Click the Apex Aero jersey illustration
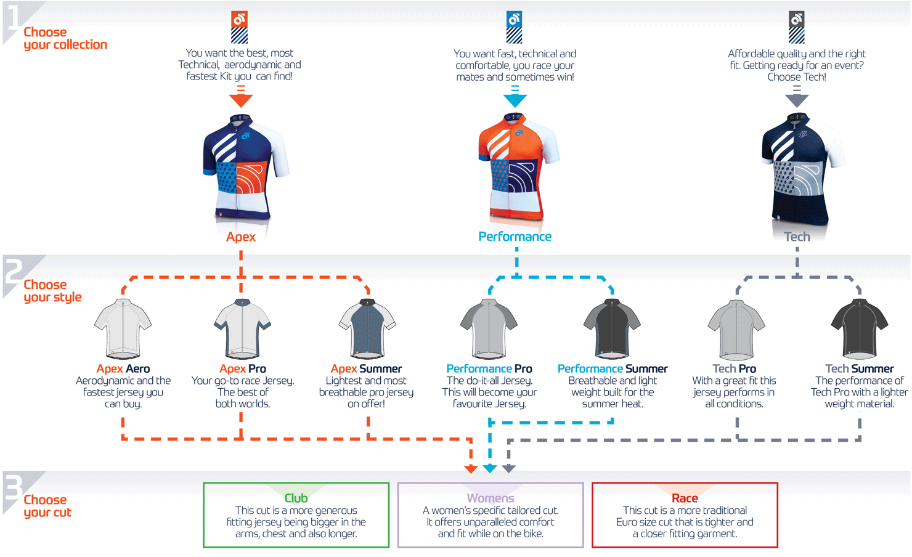(x=123, y=329)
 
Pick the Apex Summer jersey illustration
(x=367, y=329)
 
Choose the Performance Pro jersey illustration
(x=489, y=329)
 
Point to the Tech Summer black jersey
(x=859, y=329)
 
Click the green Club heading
(x=296, y=498)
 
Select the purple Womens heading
(x=491, y=498)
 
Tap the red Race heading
(x=685, y=498)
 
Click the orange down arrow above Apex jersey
(x=241, y=98)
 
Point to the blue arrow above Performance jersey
(x=515, y=99)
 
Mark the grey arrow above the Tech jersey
(x=797, y=99)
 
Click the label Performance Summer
(x=613, y=368)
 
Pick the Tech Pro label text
(x=734, y=368)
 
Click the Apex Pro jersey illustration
(x=242, y=329)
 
